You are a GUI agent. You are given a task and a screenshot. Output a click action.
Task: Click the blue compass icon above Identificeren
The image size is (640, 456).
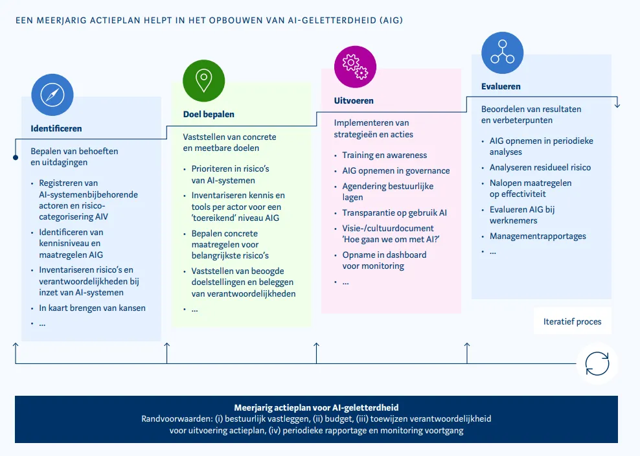[x=52, y=95]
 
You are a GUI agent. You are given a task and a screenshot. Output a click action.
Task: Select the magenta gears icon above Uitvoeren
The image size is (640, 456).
[x=355, y=67]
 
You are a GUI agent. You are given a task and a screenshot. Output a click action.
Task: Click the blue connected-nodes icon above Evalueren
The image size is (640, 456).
[x=502, y=52]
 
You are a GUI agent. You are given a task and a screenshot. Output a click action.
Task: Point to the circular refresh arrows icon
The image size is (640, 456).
[x=597, y=363]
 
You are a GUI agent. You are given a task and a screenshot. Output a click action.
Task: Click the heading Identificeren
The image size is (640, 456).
[x=56, y=128]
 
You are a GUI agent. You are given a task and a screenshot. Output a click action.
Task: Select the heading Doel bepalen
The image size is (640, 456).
[x=209, y=114]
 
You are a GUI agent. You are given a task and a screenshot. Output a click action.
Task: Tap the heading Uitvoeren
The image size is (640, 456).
[x=354, y=100]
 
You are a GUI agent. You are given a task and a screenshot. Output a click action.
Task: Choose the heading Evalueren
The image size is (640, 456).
[x=501, y=86]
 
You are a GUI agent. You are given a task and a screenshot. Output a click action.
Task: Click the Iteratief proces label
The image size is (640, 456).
[x=572, y=321]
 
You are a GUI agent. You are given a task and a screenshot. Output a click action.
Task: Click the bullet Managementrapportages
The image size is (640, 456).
[x=538, y=236]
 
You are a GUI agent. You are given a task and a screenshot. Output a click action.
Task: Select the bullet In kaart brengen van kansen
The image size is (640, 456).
[x=92, y=308]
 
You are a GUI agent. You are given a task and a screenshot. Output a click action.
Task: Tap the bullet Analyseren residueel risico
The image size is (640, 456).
[x=540, y=167]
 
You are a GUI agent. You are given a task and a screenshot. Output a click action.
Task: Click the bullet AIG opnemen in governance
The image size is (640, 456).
[x=396, y=171]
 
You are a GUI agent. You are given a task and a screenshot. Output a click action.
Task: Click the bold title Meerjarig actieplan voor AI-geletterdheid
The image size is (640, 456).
[x=316, y=407]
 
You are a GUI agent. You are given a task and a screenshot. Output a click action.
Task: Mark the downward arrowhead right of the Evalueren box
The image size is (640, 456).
[x=617, y=104]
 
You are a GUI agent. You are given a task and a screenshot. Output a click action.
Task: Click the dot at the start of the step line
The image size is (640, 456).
[x=15, y=157]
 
